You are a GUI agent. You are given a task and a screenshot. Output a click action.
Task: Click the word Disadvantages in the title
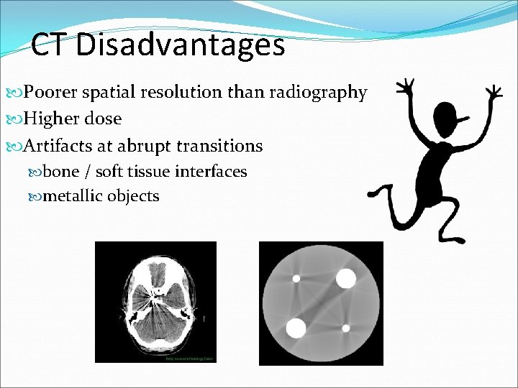pyautogui.click(x=180, y=46)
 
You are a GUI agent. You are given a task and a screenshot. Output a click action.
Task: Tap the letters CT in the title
pyautogui.click(x=50, y=46)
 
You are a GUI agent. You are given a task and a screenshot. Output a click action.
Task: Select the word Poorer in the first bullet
pyautogui.click(x=53, y=93)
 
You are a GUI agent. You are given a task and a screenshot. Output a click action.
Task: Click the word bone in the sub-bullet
pyautogui.click(x=61, y=172)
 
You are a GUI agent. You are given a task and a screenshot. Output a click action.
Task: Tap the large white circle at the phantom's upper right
pyautogui.click(x=346, y=278)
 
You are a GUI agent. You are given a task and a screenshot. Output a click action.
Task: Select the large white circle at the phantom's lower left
pyautogui.click(x=296, y=328)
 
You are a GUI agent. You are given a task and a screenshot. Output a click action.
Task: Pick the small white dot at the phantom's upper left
pyautogui.click(x=295, y=278)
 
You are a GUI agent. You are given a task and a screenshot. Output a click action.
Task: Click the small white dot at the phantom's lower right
pyautogui.click(x=346, y=328)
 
